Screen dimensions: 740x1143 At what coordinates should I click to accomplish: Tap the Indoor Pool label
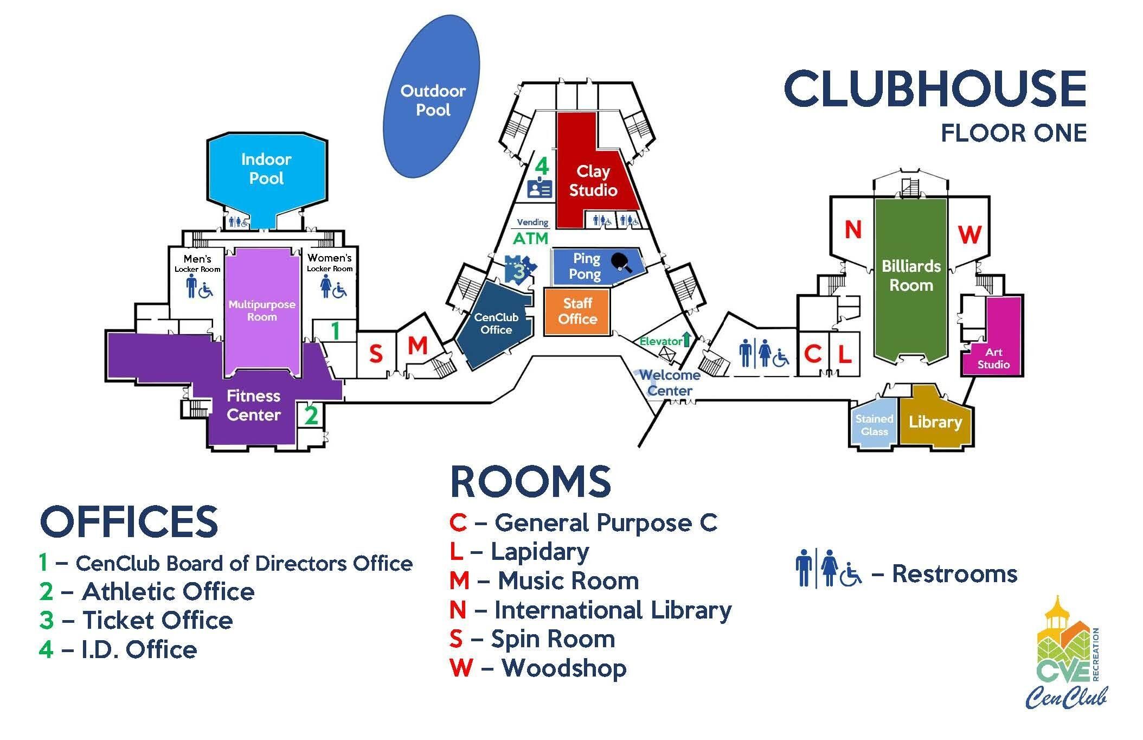pos(266,169)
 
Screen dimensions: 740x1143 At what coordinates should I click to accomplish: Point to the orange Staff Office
pos(577,311)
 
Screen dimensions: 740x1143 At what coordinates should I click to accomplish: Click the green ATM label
pos(531,238)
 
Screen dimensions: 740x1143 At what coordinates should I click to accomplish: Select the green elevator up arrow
pos(686,340)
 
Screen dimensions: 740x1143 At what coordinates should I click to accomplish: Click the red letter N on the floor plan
pos(853,230)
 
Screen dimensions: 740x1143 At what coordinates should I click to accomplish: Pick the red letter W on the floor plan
pos(969,235)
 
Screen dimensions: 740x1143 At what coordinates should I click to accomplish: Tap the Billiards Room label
pos(911,276)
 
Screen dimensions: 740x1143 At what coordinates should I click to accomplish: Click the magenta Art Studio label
pos(993,359)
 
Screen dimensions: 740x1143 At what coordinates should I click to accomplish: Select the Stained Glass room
pos(874,425)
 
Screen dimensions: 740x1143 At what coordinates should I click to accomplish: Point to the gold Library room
pos(935,422)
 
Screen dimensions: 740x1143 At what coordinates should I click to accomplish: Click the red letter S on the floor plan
pos(376,354)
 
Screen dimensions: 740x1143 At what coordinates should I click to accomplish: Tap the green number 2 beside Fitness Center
pos(311,416)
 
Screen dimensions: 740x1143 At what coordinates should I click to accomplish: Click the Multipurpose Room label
pos(262,310)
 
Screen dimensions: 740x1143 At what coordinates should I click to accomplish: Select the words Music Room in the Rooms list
pos(568,581)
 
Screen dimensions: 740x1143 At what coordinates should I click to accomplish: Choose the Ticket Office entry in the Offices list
pos(157,620)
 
